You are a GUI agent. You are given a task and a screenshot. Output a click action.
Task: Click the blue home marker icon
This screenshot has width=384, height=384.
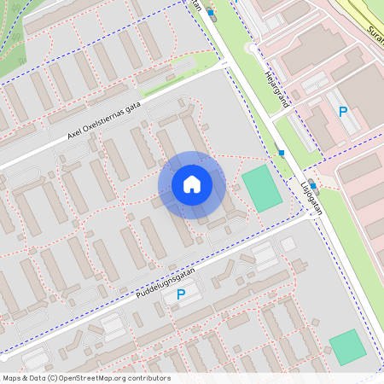tap(192, 184)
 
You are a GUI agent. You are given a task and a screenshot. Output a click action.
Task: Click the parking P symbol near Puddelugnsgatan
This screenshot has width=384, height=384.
tap(180, 294)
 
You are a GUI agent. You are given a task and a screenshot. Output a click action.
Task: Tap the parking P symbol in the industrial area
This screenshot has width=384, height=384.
tap(343, 112)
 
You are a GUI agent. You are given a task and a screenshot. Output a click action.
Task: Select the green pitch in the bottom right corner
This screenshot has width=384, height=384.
tap(347, 346)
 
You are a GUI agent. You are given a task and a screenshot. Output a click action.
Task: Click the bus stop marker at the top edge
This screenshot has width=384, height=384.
tap(211, 13)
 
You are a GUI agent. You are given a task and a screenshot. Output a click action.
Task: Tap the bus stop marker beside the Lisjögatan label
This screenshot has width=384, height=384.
tap(313, 185)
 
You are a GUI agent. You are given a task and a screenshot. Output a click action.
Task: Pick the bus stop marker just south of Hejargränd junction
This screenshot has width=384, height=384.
tap(282, 153)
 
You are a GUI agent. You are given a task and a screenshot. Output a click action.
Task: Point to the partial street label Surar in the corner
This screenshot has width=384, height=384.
tap(375, 34)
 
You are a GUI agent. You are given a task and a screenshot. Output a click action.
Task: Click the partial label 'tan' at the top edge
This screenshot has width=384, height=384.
tap(197, 5)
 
